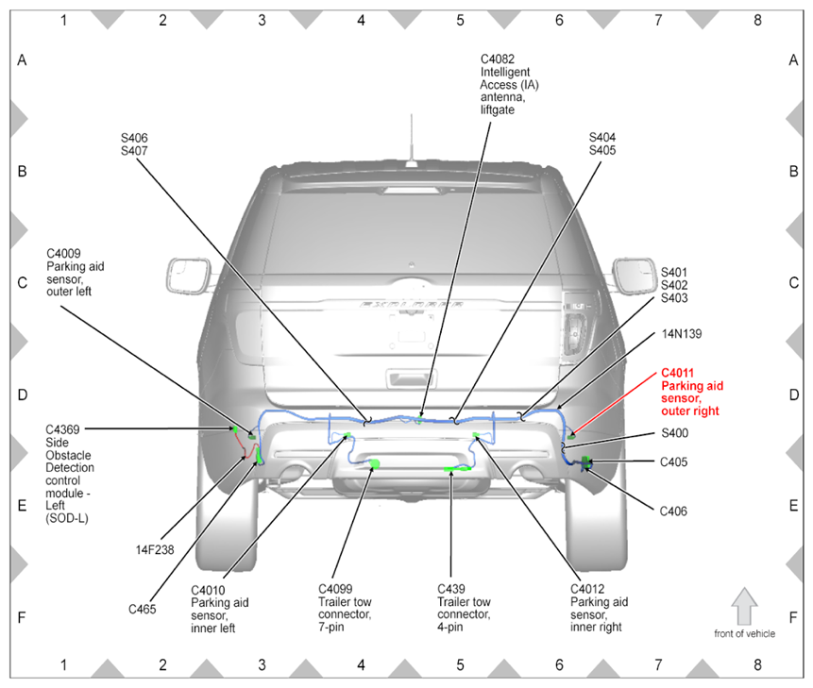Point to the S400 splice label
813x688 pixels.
(674, 433)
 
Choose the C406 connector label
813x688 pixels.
(673, 512)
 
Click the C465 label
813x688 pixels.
(144, 609)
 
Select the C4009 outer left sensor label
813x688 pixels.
(76, 273)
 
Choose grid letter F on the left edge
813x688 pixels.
(22, 617)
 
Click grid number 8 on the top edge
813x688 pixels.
(756, 18)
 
